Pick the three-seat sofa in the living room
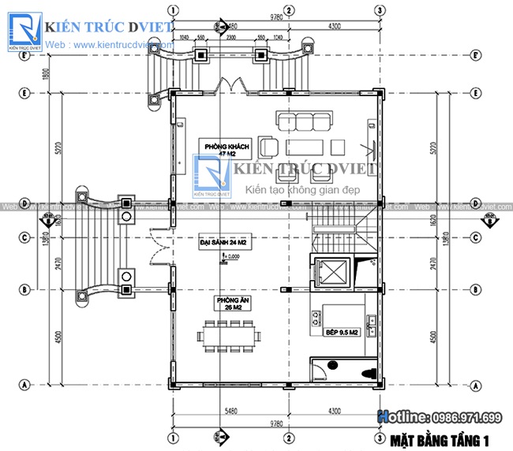click(x=304, y=121)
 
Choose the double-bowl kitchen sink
click(x=371, y=321)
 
